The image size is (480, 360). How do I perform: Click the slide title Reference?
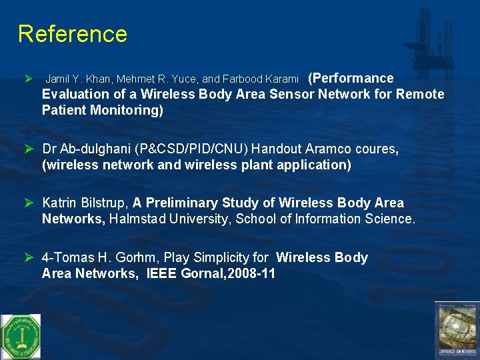point(72,33)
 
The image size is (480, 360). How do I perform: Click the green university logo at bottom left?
point(20,336)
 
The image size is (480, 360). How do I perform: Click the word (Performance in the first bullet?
point(351,78)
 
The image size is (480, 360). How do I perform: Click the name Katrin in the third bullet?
point(60,203)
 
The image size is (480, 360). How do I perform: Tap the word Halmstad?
point(141,219)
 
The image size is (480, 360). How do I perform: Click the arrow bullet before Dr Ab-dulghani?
point(29,149)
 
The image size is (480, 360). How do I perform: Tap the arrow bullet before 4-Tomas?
point(29,257)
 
